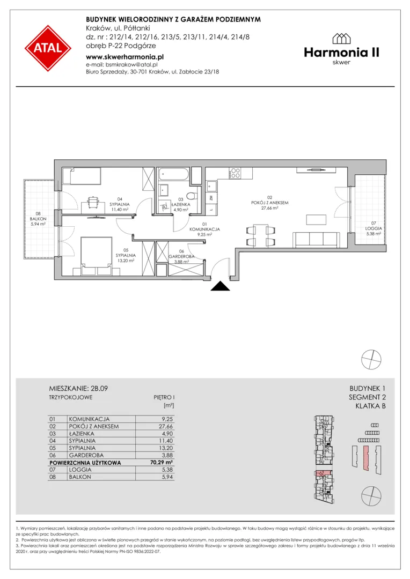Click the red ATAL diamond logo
point(48,48)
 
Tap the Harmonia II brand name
point(342,53)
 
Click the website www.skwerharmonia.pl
point(125,57)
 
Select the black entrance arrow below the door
point(221,286)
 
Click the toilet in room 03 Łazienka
point(191,195)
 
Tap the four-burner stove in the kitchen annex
point(235,173)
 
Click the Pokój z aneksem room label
point(269,203)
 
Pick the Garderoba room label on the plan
point(181,257)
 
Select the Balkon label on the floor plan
point(38,219)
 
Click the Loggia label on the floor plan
point(374,228)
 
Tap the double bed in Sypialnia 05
point(96,256)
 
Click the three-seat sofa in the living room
point(317,240)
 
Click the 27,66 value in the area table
point(166,426)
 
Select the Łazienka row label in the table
point(82,434)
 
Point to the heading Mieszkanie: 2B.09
point(78,389)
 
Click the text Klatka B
point(370,406)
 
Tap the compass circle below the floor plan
point(371,359)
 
